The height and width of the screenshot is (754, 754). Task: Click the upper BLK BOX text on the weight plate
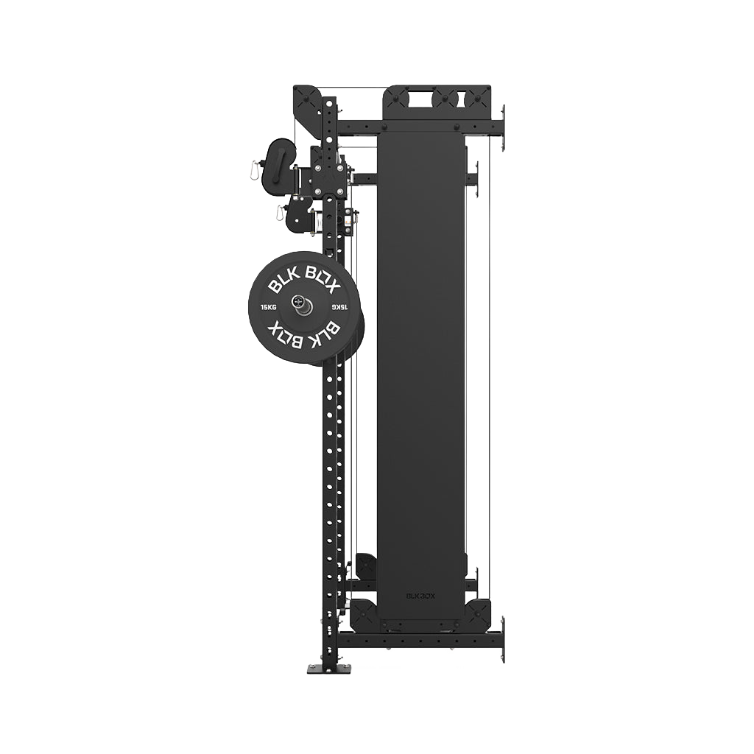coord(304,281)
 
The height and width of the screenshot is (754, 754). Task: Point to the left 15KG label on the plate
coord(268,307)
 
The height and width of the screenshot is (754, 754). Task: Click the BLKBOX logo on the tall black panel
coord(420,595)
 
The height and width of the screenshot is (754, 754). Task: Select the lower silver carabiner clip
coord(279,213)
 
